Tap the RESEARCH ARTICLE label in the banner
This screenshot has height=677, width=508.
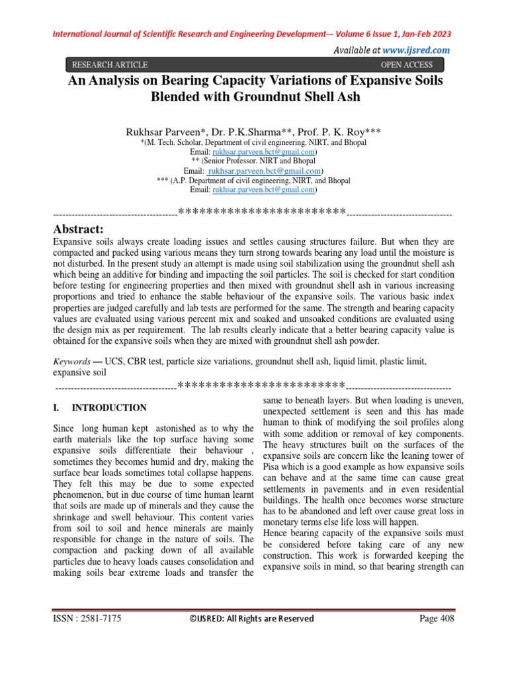click(110, 65)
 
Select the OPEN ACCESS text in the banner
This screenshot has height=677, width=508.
click(407, 65)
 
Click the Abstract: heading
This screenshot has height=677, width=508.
click(78, 229)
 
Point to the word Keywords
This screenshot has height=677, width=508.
click(71, 362)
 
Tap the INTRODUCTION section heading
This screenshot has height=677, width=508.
click(109, 407)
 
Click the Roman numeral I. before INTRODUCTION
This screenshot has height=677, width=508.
click(56, 407)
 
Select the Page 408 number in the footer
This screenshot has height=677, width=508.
click(437, 619)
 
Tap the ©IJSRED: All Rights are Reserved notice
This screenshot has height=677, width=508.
click(251, 619)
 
